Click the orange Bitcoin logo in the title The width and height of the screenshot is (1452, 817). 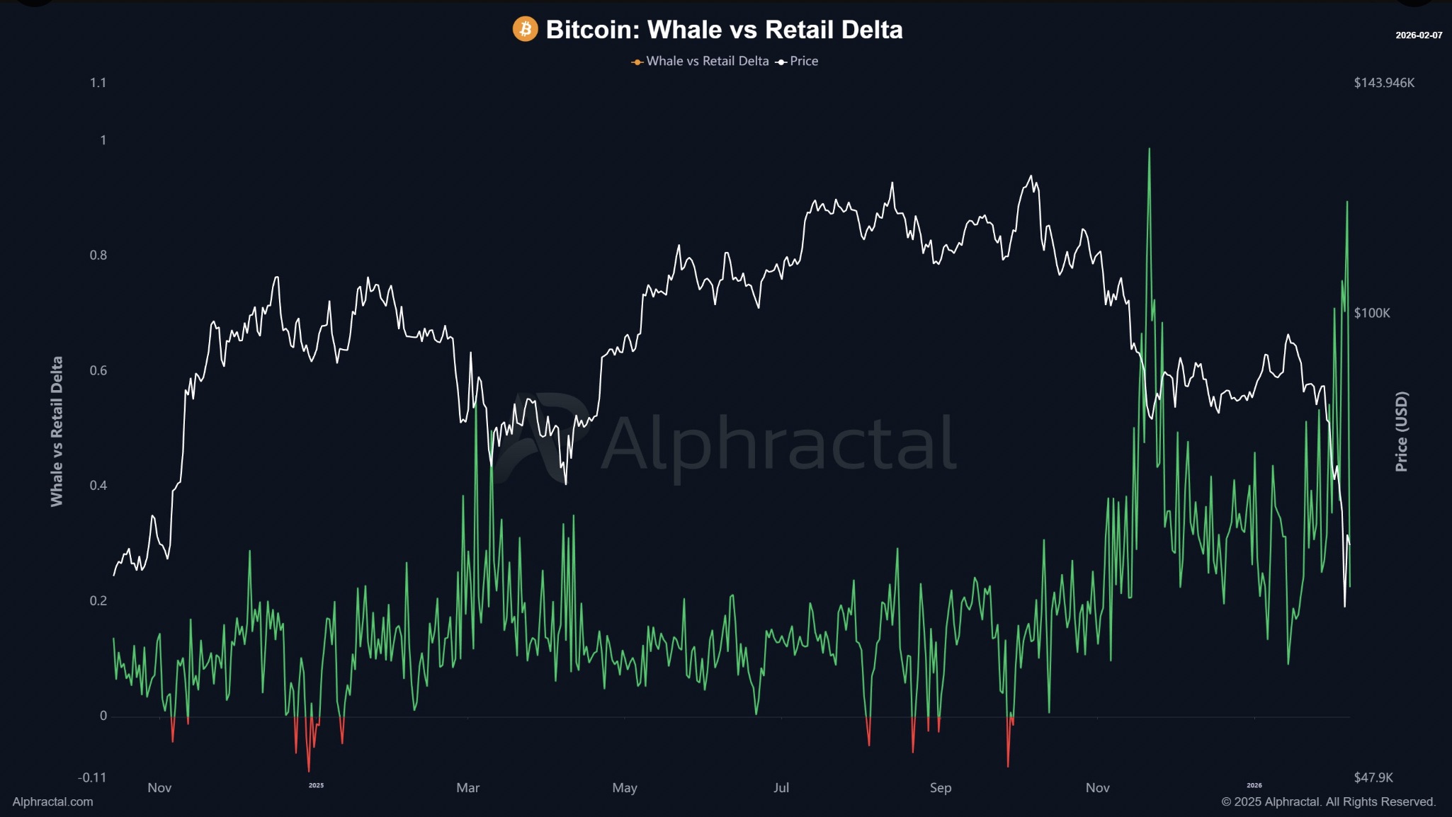[525, 29]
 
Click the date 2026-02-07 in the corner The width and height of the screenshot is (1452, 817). [1419, 35]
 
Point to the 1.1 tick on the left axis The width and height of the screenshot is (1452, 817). [98, 83]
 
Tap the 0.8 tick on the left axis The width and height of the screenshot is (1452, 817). [98, 256]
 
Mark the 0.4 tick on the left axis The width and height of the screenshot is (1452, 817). [98, 486]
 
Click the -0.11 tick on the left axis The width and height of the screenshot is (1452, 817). [92, 777]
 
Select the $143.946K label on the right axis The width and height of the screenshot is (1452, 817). [1384, 83]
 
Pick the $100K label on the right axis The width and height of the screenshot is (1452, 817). [1372, 313]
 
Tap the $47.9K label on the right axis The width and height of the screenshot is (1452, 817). [1373, 777]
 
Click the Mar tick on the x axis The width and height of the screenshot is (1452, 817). [468, 788]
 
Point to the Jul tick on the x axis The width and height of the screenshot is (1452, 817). [781, 788]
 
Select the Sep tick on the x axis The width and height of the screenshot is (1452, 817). [941, 788]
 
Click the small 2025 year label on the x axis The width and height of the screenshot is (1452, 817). [316, 785]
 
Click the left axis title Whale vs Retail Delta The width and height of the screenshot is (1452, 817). [57, 431]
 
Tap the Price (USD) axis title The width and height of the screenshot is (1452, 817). [1401, 431]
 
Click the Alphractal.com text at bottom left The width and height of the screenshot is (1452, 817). [52, 801]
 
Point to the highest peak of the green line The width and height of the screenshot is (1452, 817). [1149, 149]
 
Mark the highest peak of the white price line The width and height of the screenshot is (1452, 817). [1031, 176]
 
